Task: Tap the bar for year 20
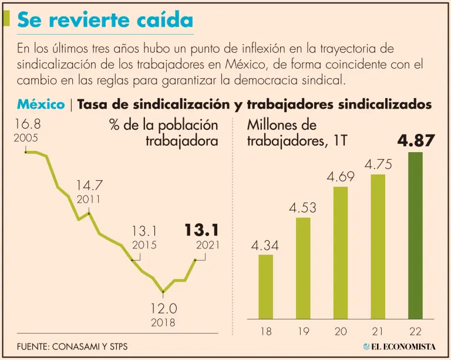coord(341,253)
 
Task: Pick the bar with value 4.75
coord(378,247)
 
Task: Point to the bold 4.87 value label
coord(416,141)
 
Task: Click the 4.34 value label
coord(265,244)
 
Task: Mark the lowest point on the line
coord(163,291)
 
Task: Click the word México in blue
coord(41,105)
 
